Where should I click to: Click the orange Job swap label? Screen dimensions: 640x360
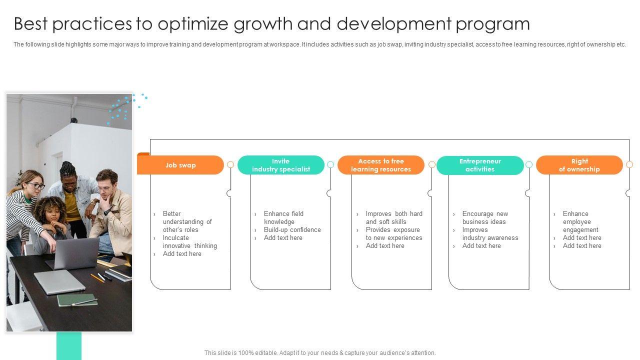[180, 165]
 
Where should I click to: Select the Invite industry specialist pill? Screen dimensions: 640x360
[281, 165]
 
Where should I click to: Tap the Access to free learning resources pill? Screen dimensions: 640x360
[381, 165]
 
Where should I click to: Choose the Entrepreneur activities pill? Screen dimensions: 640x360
[480, 165]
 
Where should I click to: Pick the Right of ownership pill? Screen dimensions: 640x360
[579, 165]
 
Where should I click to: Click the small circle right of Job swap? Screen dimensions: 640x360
[230, 164]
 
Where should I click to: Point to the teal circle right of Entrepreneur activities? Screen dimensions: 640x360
[529, 164]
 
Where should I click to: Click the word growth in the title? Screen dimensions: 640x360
[263, 24]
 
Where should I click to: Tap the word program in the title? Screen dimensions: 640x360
[493, 24]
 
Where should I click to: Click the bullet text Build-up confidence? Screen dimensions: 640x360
[292, 229]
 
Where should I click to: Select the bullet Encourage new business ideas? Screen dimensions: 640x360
[485, 217]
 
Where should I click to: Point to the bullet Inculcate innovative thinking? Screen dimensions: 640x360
[189, 241]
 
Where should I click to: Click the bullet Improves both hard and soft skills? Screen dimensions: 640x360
[394, 217]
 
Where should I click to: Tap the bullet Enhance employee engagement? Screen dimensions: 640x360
[580, 221]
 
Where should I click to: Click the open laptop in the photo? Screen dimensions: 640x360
[75, 253]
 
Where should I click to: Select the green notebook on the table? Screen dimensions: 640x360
[76, 300]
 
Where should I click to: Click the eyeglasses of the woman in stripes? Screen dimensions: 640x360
[37, 186]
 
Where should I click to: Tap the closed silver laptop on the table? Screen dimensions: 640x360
[55, 281]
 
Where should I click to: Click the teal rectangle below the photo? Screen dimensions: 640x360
[69, 345]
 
